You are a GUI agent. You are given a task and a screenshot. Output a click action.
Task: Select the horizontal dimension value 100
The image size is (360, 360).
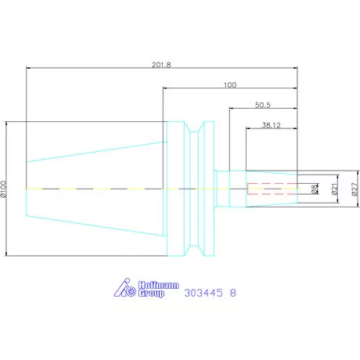pos(229,84)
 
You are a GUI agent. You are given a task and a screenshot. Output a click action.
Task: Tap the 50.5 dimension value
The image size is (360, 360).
pos(264,104)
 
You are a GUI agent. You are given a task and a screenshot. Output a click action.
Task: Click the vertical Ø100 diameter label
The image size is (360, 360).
pos(4,189)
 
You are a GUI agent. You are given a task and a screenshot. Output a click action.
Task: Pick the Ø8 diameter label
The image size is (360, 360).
pos(315,189)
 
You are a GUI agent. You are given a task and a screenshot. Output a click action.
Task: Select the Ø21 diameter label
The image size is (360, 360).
pos(334,189)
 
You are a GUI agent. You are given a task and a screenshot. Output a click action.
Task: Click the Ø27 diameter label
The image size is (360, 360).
pos(353,189)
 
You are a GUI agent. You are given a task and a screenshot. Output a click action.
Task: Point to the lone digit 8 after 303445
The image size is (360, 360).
pos(233,293)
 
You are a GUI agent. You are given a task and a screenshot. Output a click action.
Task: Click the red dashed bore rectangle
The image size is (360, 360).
pos(271,189)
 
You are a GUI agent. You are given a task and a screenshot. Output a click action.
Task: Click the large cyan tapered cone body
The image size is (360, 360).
pos(94,189)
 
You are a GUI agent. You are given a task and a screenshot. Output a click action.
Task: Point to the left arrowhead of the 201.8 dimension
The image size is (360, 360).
pos(29,67)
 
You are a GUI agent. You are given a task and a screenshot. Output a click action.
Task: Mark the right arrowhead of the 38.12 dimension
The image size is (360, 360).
pos(297,129)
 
